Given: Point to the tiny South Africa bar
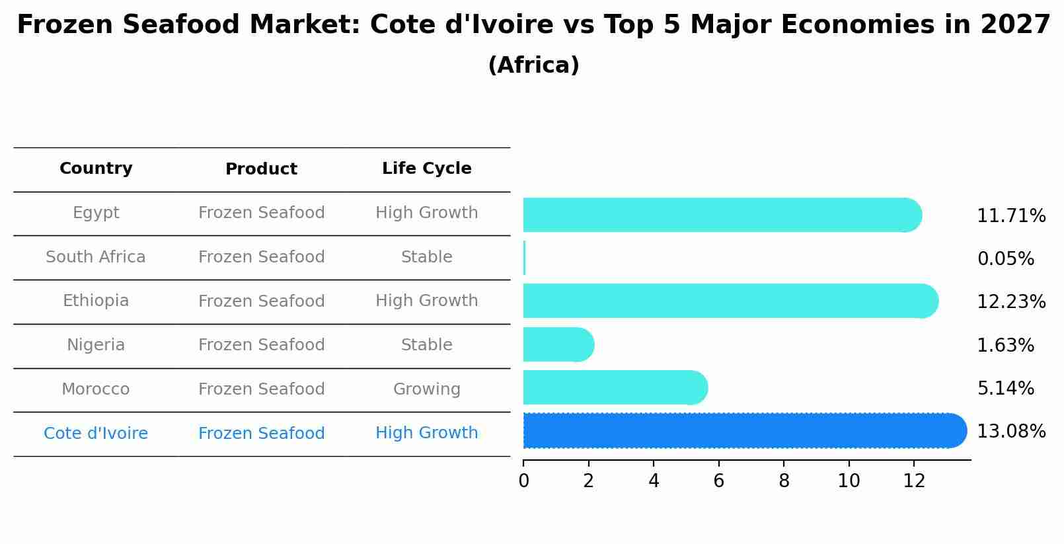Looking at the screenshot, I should click(x=524, y=258).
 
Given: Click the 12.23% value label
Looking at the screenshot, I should click(x=1010, y=302).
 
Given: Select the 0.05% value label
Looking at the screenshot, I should click(x=1005, y=259).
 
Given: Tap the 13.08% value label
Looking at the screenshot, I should click(x=1010, y=432).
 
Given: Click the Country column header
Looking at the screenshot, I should click(x=96, y=169).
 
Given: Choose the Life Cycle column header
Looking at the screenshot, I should click(x=426, y=169).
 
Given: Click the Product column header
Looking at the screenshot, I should click(x=261, y=169).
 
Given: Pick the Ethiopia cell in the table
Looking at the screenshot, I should click(x=96, y=301).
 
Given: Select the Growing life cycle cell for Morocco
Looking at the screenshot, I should click(x=426, y=389).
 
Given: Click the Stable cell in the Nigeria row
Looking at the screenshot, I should click(x=426, y=345).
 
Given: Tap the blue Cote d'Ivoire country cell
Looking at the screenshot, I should click(x=96, y=434).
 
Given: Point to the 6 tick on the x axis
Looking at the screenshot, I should click(x=718, y=481).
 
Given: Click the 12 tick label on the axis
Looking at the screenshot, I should click(x=913, y=481).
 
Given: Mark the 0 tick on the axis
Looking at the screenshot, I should click(x=523, y=481).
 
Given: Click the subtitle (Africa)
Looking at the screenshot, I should click(x=533, y=65).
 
